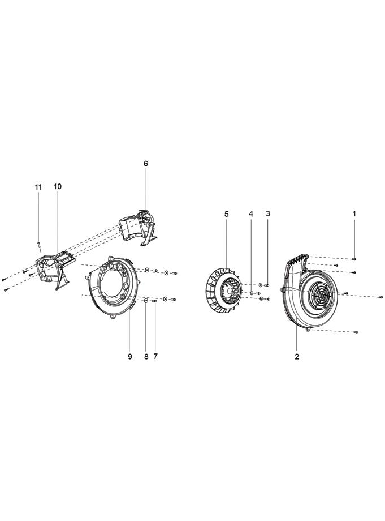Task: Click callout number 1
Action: [354, 213]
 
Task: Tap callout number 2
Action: [297, 357]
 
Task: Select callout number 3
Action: [268, 213]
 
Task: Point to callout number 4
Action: [251, 213]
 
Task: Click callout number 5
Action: [227, 213]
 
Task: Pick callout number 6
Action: [145, 163]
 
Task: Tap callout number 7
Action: [155, 357]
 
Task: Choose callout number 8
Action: [145, 357]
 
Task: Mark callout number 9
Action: [129, 357]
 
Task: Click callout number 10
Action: [58, 186]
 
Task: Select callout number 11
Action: [38, 186]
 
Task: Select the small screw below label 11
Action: [38, 245]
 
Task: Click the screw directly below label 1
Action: [354, 258]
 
